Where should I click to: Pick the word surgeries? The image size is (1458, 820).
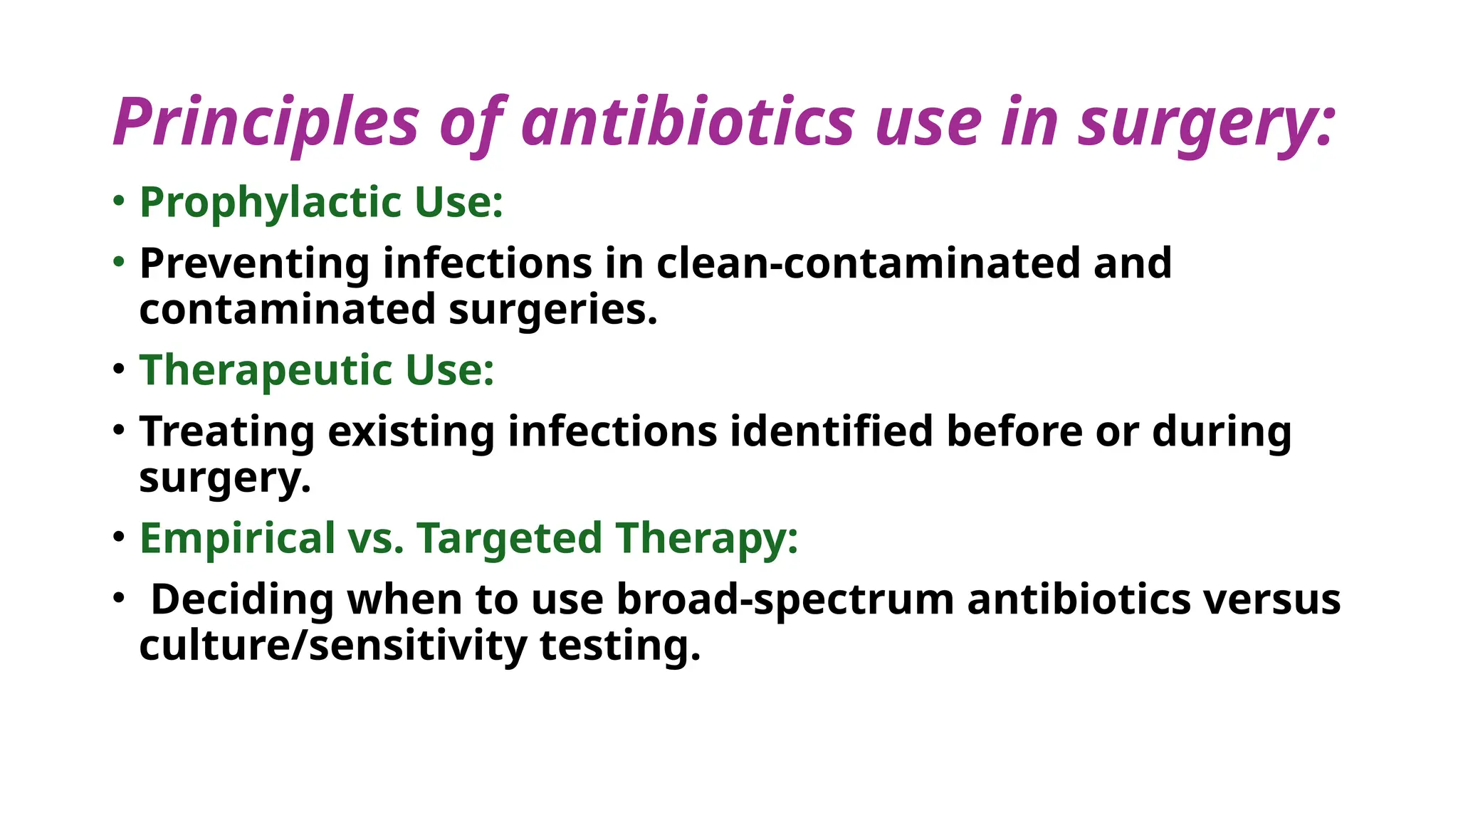click(x=552, y=310)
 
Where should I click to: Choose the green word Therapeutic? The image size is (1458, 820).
click(x=266, y=371)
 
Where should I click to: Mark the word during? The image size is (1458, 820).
click(x=1221, y=431)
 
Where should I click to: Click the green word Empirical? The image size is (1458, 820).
click(x=237, y=538)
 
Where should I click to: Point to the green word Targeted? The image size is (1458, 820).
click(x=509, y=539)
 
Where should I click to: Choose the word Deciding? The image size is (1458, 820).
click(x=242, y=599)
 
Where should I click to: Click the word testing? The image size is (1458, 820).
click(x=620, y=646)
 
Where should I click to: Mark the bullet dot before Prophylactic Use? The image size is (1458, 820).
click(x=119, y=201)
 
